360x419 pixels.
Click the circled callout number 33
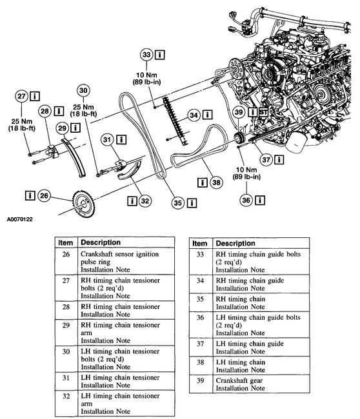146,55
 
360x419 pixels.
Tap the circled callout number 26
44,195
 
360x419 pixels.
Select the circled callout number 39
239,112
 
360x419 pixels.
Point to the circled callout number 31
107,140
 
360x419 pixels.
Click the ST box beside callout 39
263,112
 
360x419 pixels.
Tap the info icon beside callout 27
35,96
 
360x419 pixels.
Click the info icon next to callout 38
203,182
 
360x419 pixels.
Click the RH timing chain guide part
175,121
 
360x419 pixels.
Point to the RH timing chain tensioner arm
74,157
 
